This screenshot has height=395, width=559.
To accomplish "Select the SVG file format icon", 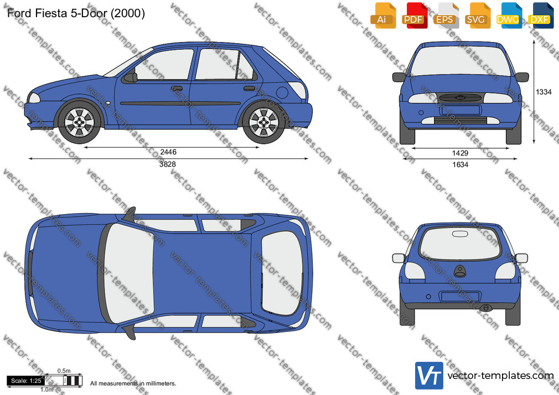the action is (477, 15).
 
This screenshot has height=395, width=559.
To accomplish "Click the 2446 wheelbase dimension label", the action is (168, 152).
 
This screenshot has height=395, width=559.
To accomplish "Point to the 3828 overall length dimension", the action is (168, 164).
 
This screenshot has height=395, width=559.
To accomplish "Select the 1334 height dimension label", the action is (544, 92).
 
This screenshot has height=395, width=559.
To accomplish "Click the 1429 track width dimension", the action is (460, 153).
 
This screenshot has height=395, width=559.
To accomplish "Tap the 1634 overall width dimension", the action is (460, 164).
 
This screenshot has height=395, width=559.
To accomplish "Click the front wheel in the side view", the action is (79, 122).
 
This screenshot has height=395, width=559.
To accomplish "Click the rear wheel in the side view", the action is (264, 122).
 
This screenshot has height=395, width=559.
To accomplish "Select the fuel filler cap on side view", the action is (282, 93).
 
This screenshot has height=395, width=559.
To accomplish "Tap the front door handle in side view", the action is (177, 88).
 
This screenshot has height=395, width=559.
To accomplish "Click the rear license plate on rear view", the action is (460, 297).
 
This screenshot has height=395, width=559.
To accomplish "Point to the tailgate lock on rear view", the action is (460, 271).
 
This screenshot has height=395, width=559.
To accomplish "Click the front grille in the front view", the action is (460, 98).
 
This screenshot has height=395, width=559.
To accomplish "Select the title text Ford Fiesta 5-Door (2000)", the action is (76, 13).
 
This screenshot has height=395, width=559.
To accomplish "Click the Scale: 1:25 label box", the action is (26, 381).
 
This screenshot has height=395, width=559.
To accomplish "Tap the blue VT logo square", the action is (429, 376).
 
